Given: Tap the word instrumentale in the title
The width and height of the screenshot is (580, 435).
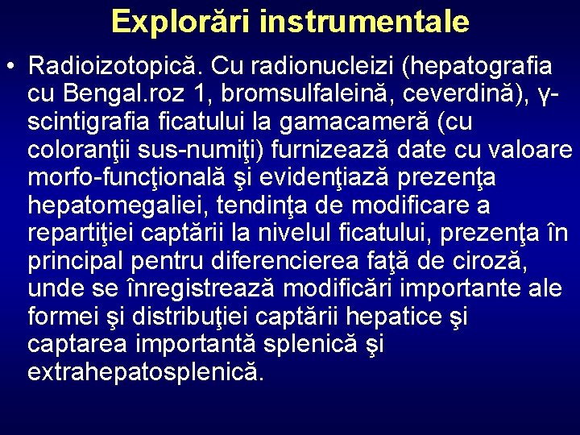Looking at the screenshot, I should click(364, 21).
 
